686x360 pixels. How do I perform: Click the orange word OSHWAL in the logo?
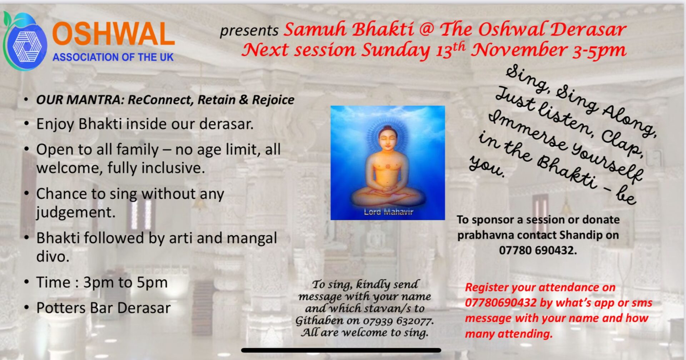tap(113, 34)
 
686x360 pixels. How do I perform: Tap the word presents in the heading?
tap(249, 31)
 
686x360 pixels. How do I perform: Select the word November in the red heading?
tap(518, 50)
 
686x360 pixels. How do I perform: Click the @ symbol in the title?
tap(426, 29)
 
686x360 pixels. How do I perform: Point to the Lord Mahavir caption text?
tap(388, 212)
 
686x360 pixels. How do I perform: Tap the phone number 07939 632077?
tap(398, 321)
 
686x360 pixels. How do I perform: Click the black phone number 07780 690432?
tap(538, 250)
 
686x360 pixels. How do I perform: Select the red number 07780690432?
tap(501, 303)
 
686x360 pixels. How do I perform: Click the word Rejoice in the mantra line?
tap(273, 100)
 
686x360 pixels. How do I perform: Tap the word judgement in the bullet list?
tap(76, 213)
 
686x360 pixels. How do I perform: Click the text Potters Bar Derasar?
tap(103, 308)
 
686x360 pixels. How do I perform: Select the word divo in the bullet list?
tap(53, 257)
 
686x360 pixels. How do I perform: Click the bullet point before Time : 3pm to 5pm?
tap(26, 282)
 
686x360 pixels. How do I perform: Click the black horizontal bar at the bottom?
tap(341, 350)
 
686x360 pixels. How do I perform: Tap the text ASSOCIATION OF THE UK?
tap(113, 57)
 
